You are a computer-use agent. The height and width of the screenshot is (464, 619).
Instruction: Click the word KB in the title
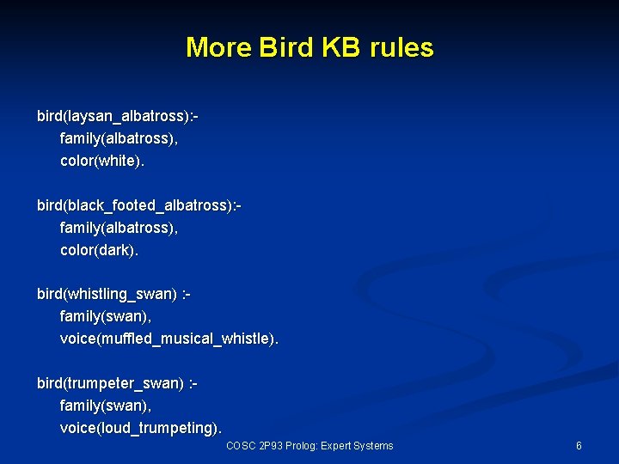point(342,47)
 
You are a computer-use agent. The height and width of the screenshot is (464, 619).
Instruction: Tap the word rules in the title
point(401,47)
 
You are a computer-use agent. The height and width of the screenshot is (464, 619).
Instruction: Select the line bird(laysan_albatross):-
point(123,115)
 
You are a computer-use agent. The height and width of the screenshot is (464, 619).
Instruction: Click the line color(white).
point(99,160)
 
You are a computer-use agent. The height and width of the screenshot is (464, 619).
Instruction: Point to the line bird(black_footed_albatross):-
point(138,205)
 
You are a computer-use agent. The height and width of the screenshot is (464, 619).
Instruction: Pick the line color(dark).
point(99,250)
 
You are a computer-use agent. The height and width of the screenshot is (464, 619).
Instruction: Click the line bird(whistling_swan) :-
point(113,295)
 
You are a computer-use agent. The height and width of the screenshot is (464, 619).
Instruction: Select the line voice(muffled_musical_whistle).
point(169,339)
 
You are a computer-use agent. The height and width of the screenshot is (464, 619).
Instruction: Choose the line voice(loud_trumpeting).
point(140,427)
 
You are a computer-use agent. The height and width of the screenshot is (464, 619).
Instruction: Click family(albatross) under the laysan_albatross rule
point(119,137)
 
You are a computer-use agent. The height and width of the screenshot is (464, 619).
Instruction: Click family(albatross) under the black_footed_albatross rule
point(119,228)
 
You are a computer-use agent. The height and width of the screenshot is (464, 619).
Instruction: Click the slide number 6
point(579,446)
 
